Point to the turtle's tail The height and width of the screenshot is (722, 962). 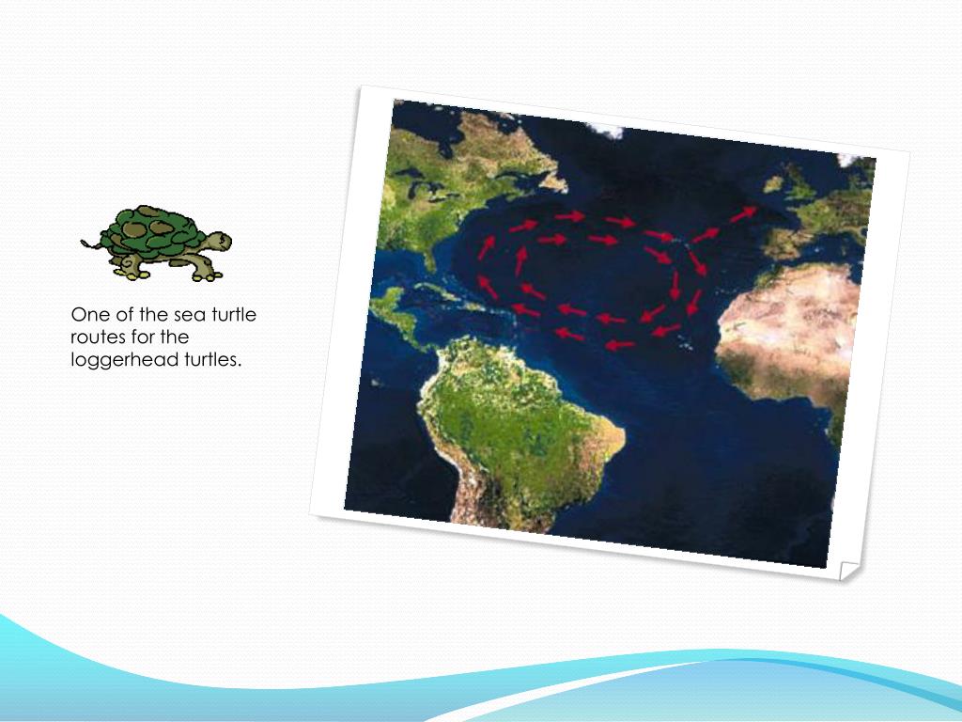(x=90, y=244)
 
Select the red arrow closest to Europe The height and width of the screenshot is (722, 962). (x=742, y=215)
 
